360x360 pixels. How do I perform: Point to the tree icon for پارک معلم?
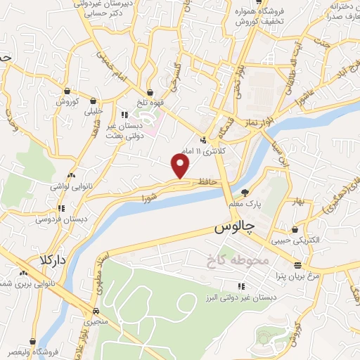tap(245, 192)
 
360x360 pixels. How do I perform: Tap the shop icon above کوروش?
tap(67, 91)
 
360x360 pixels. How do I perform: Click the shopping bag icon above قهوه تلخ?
tap(150, 91)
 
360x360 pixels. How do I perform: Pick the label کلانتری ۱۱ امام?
tap(202, 151)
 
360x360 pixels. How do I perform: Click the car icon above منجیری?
tap(96, 311)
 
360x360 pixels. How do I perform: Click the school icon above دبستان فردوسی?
tap(62, 208)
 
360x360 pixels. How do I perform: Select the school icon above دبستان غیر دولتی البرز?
tap(241, 285)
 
